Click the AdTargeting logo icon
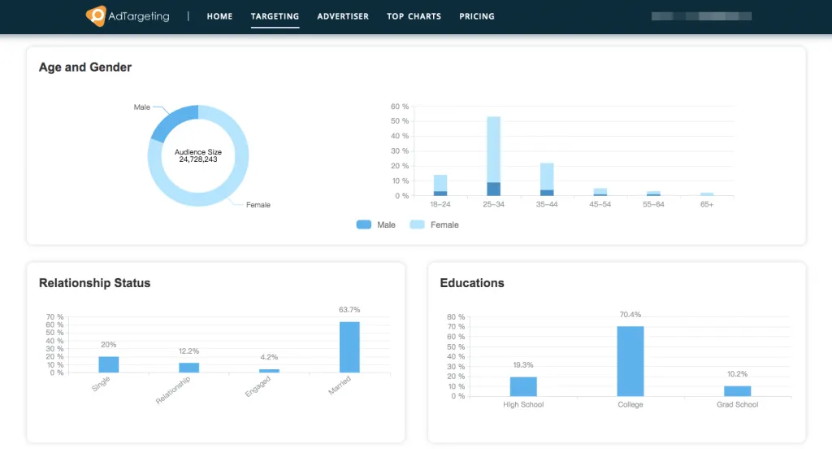[96, 16]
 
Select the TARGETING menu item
[275, 16]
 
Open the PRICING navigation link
[476, 16]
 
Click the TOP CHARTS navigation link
[414, 16]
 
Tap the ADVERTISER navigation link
[343, 16]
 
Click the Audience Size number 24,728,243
[198, 160]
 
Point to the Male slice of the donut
[173, 121]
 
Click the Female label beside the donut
[258, 205]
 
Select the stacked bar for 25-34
[493, 156]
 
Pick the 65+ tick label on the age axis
[707, 205]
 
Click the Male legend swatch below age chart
[364, 224]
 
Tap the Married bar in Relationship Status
[349, 347]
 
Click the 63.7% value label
[349, 310]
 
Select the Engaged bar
[269, 370]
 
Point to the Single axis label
[102, 384]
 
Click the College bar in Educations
[630, 361]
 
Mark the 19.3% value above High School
[523, 365]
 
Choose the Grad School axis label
[737, 404]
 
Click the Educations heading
[472, 283]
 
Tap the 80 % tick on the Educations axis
[456, 317]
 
